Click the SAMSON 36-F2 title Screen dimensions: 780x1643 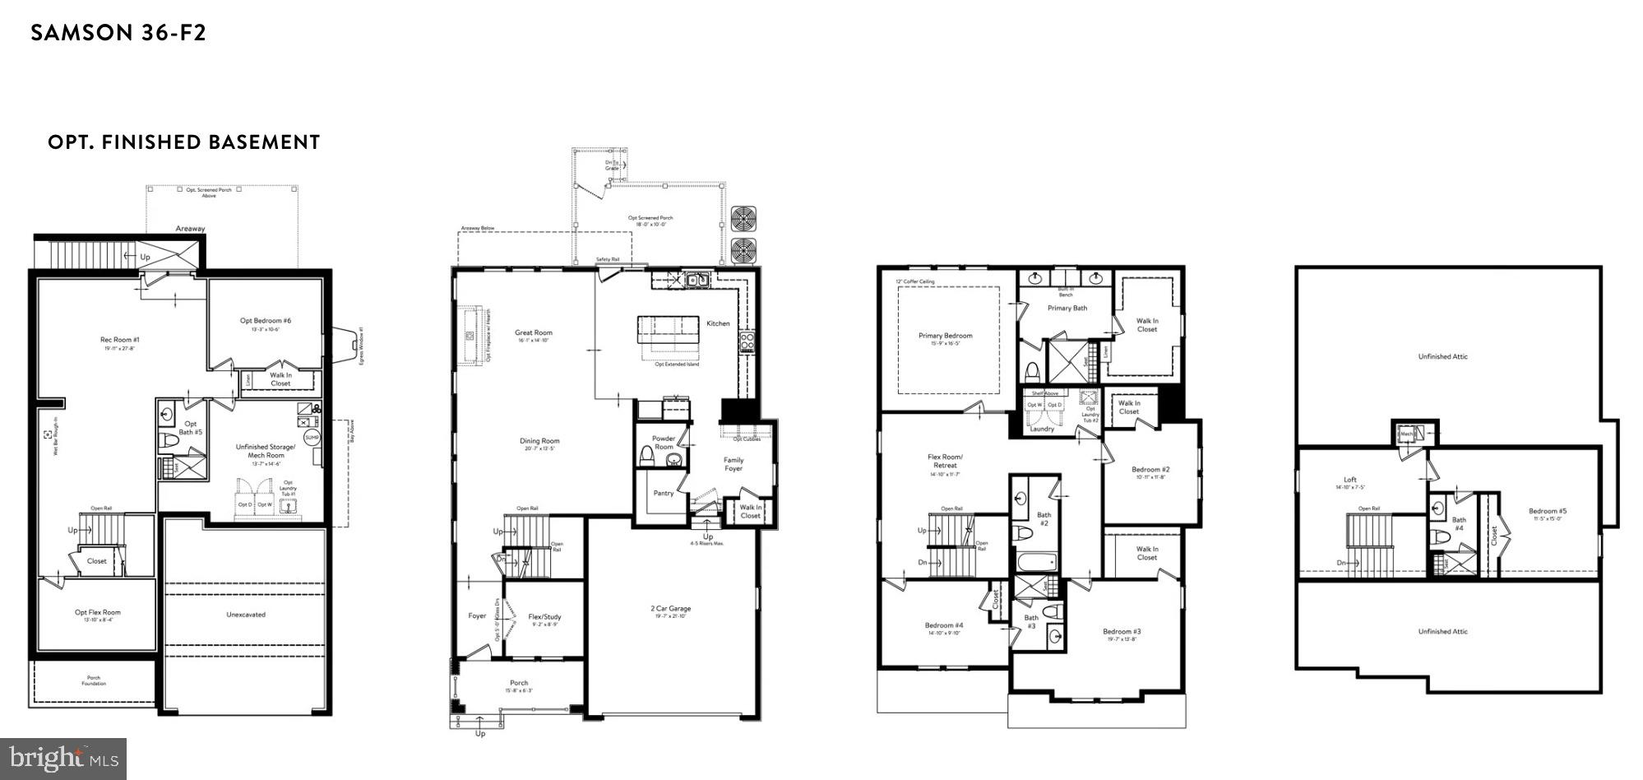(x=118, y=33)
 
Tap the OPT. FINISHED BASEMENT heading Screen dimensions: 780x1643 (x=183, y=142)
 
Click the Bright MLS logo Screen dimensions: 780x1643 (x=63, y=758)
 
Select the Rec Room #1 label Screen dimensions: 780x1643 (x=120, y=340)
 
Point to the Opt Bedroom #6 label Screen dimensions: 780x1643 (x=265, y=321)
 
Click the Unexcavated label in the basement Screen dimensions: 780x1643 (x=246, y=615)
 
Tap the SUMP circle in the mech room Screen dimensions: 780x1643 (x=312, y=438)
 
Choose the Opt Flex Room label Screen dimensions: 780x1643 (x=97, y=612)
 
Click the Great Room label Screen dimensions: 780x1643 (x=534, y=333)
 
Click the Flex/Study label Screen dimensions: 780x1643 (x=544, y=617)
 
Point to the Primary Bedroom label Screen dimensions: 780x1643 (x=945, y=336)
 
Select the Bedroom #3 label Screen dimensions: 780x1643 (x=1122, y=632)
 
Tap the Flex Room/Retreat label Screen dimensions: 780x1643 (x=945, y=461)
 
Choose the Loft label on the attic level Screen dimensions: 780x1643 (x=1350, y=480)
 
